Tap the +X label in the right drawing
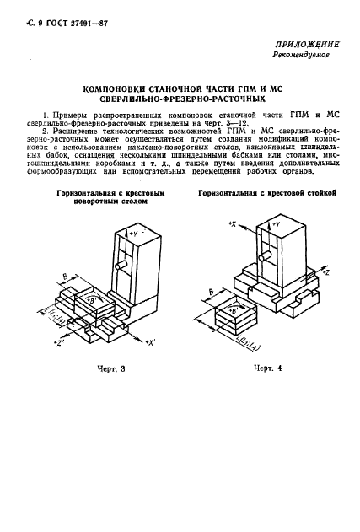tap(234, 224)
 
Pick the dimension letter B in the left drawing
tap(67, 275)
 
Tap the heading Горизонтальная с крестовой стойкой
tap(267, 194)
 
